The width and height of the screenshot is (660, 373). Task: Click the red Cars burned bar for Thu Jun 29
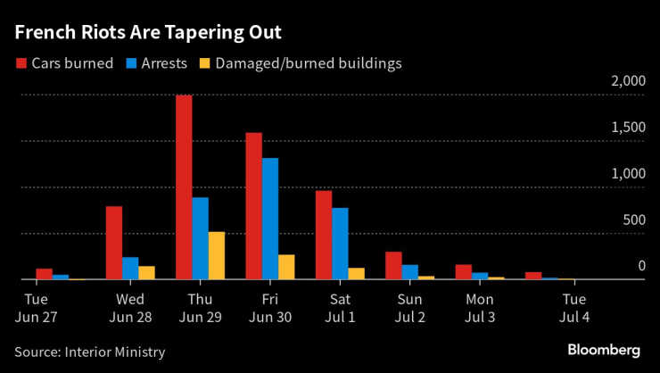point(184,187)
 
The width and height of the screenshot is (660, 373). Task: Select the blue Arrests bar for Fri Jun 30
point(270,219)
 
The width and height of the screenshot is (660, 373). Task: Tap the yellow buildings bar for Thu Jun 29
point(216,255)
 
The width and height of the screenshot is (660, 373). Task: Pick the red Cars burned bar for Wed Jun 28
point(114,243)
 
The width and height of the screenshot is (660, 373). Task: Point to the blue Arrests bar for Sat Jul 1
point(340,244)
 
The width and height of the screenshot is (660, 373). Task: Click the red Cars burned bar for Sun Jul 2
point(393,266)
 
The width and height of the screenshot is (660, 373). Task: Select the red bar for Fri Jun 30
point(254,206)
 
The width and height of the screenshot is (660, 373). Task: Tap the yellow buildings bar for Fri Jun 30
point(286,267)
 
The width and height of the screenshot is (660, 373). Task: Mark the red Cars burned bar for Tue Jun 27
point(44,274)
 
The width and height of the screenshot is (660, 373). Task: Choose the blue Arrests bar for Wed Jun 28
point(130,268)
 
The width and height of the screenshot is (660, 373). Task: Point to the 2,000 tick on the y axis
point(628,81)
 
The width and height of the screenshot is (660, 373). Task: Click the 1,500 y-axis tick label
point(628,128)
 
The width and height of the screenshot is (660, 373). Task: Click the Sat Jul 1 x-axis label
point(339,307)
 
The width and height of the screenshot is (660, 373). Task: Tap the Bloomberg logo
point(604,349)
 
